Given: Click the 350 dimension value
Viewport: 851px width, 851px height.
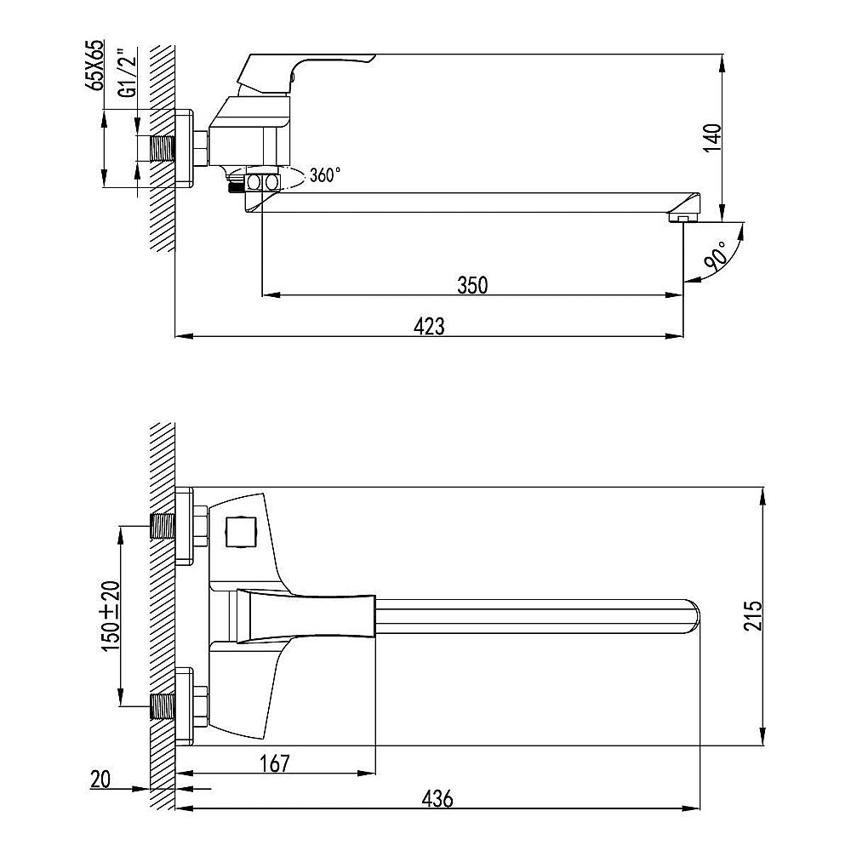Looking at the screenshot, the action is click(x=472, y=285).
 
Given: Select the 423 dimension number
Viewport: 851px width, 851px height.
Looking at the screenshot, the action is click(x=429, y=326).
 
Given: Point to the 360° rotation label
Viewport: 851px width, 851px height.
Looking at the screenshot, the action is click(x=325, y=174).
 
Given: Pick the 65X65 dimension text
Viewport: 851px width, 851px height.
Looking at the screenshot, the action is click(x=97, y=65).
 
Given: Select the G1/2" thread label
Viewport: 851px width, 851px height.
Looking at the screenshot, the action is click(x=128, y=74).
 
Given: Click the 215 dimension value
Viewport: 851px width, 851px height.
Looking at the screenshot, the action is click(x=753, y=615).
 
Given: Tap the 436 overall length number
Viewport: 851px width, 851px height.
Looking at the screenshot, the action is click(x=437, y=798).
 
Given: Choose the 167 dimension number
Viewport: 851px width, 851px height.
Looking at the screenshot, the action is click(x=275, y=763).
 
